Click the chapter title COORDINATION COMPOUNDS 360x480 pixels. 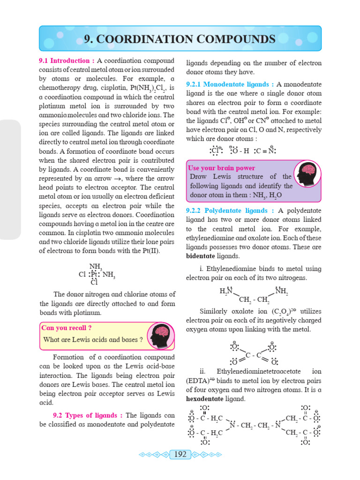pyautogui.click(x=180, y=38)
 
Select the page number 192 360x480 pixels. pyautogui.click(x=180, y=454)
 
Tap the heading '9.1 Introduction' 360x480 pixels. pyautogui.click(x=66, y=60)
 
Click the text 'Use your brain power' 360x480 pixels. pyautogui.click(x=221, y=168)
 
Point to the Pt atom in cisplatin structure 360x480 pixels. pyautogui.click(x=94, y=274)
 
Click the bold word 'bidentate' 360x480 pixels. pyautogui.click(x=203, y=256)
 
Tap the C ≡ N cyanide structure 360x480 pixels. pyautogui.click(x=265, y=151)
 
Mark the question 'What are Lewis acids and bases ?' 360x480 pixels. pyautogui.click(x=92, y=339)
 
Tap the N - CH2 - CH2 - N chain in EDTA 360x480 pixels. pyautogui.click(x=255, y=426)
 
